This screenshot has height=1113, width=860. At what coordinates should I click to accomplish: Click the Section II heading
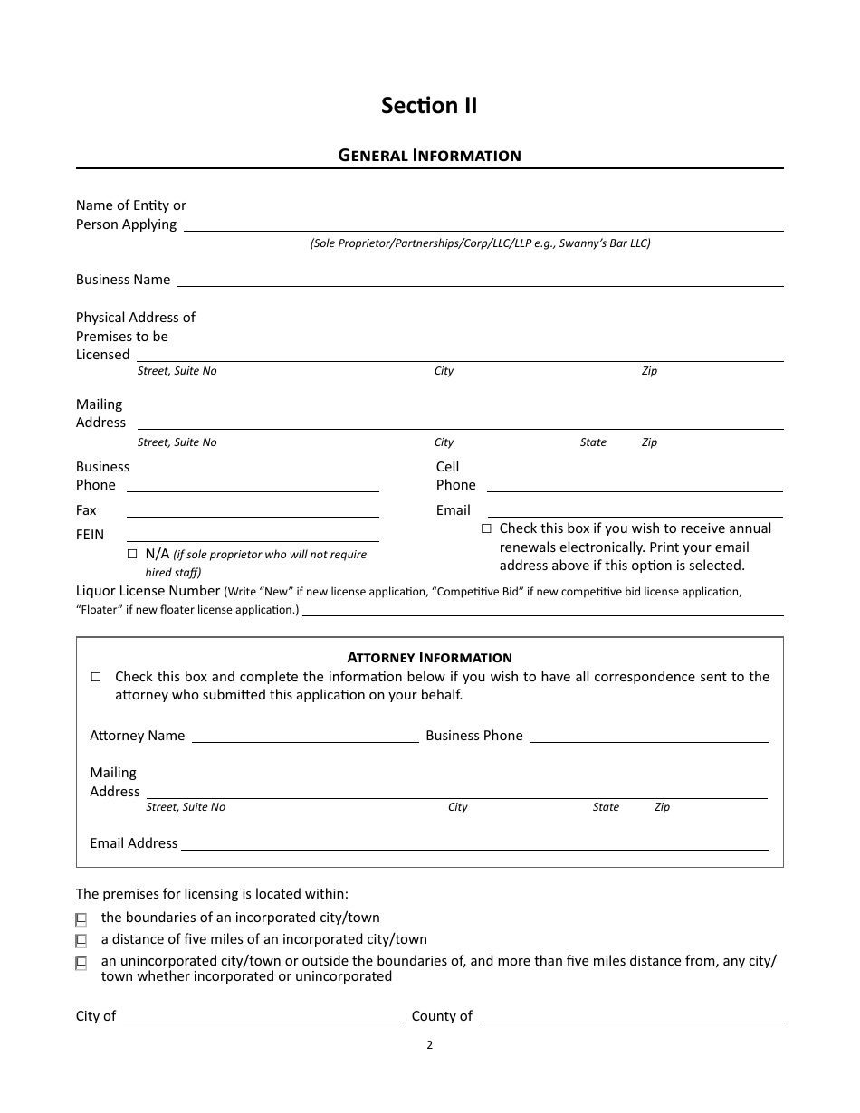coord(429,106)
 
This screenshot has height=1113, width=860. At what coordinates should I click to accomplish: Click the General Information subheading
coord(429,156)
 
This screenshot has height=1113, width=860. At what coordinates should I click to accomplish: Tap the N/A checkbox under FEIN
coord(133,553)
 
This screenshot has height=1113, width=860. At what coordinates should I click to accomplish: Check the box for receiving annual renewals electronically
coord(486,528)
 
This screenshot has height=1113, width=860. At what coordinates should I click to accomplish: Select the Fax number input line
coord(253,510)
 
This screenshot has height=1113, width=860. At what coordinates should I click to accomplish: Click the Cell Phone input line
coord(634,485)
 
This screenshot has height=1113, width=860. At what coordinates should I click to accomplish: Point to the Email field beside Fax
coord(634,510)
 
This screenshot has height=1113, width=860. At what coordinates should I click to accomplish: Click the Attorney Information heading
coord(429,658)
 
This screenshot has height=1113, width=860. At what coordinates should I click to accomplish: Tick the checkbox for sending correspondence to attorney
coord(97,677)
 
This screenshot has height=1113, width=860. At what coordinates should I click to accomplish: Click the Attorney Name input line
coord(305,735)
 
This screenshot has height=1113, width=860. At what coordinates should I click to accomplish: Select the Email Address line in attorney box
coord(474,842)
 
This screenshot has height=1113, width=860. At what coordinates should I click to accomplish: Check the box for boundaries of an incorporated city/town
coord(81,918)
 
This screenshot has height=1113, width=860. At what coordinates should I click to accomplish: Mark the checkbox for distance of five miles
coord(81,940)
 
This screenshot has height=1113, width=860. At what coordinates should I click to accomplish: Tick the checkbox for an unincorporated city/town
coord(81,963)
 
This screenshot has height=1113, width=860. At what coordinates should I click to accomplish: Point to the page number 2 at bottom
coord(429,1045)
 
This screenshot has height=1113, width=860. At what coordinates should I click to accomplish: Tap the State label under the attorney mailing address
coord(606,807)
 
